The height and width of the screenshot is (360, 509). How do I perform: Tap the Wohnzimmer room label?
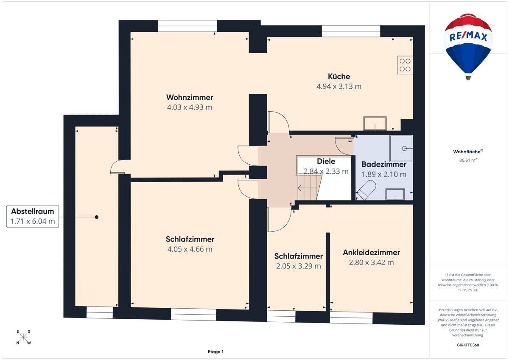tap(190, 97)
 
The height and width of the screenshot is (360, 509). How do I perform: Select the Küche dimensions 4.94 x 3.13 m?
tap(339, 87)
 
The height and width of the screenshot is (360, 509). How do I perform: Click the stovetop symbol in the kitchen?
tap(405, 65)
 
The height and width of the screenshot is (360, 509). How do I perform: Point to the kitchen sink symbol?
tap(375, 124)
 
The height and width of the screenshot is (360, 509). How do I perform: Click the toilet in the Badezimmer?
tap(366, 190)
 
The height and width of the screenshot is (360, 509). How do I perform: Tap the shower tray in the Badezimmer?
tap(401, 149)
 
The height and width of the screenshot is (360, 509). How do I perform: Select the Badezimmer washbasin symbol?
tap(395, 194)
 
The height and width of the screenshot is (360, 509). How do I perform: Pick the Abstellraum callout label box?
tap(33, 216)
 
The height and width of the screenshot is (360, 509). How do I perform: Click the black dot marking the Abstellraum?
tap(97, 217)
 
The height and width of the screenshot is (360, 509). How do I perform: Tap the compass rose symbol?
tap(23, 337)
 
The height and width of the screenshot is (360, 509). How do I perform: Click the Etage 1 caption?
tap(215, 352)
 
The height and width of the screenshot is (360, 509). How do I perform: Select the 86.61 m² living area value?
tap(468, 160)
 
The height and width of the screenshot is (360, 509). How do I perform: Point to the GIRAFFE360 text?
tap(468, 345)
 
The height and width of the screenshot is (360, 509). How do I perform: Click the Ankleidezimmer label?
tap(371, 253)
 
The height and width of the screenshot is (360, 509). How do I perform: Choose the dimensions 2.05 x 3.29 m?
tap(298, 266)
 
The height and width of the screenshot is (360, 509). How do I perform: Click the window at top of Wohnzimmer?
tap(187, 26)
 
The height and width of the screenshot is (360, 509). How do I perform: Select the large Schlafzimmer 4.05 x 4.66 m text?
tap(190, 244)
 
